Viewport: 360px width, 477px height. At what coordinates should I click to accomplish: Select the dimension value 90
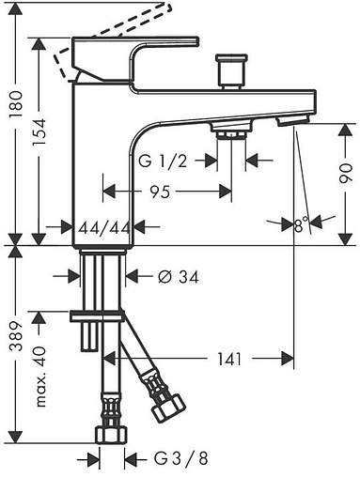[346, 172]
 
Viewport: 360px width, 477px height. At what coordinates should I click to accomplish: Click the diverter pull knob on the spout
[227, 71]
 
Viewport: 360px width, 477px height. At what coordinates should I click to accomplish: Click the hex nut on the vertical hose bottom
[110, 435]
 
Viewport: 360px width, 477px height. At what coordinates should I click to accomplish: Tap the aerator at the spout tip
[298, 121]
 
